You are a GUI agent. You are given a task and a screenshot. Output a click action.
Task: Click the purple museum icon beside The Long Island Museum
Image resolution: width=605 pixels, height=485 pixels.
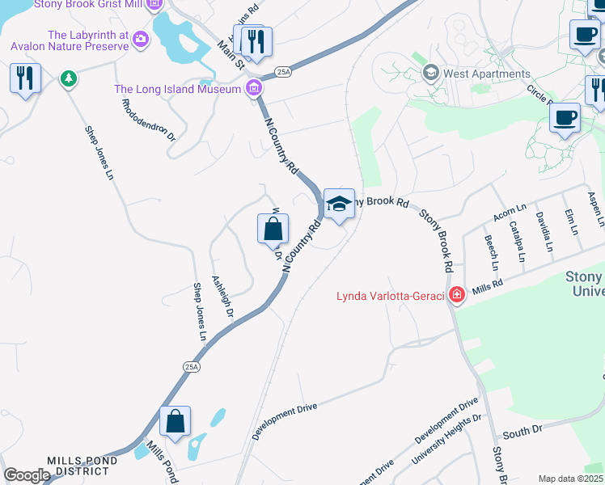[254, 88]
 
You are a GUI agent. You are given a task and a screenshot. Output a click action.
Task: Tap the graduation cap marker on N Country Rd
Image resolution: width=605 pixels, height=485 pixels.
[339, 204]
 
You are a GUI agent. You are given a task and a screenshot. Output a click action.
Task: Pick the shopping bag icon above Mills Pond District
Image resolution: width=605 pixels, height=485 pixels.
[175, 422]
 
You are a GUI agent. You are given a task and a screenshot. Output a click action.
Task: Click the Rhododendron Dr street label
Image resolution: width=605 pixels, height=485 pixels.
[148, 120]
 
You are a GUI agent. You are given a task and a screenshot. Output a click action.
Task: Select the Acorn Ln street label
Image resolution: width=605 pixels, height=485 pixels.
[510, 213]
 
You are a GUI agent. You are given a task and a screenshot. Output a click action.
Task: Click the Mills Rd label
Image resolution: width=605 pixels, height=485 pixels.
[488, 285]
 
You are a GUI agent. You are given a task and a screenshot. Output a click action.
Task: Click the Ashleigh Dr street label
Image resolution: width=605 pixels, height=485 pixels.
[222, 298]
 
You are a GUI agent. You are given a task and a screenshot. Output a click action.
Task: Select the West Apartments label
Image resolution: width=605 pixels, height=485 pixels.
[487, 74]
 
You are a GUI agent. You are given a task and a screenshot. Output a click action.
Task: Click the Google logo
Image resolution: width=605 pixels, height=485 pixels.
[27, 474]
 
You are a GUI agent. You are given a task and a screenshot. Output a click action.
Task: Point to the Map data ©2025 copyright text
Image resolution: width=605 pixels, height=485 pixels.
[569, 479]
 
